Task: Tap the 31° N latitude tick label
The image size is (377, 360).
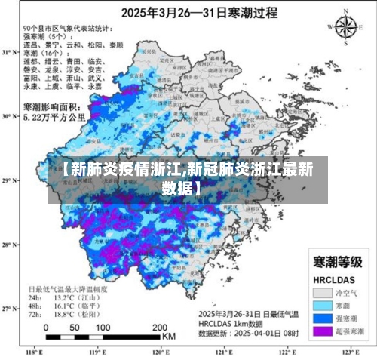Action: point(8,52)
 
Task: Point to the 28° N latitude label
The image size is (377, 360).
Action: point(8,245)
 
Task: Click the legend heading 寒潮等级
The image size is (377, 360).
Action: point(337,262)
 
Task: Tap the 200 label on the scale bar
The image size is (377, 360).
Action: point(159,328)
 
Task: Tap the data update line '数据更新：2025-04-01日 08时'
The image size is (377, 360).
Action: point(247,331)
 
